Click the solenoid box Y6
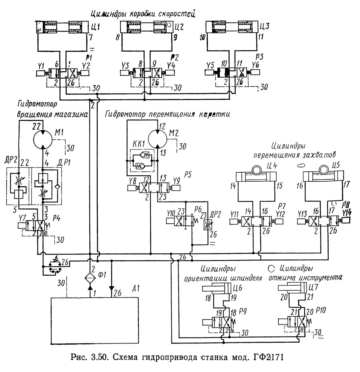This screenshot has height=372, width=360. pyautogui.click(x=255, y=72)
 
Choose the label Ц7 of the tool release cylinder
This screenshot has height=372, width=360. pyautogui.click(x=313, y=289)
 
